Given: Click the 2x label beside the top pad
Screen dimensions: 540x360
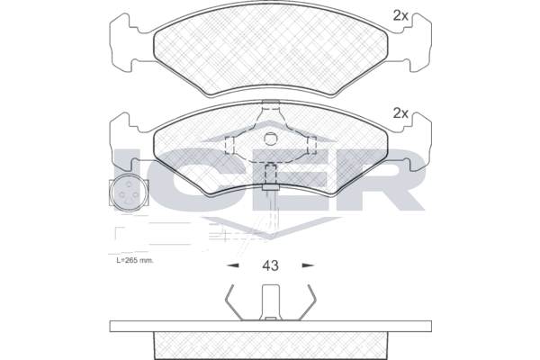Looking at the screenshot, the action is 400,15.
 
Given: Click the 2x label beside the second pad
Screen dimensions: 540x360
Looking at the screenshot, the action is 400,113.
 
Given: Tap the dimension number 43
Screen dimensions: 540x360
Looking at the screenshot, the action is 270,265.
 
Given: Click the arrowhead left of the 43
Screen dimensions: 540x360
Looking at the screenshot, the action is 233,265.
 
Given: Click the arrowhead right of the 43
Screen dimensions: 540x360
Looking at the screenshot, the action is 308,265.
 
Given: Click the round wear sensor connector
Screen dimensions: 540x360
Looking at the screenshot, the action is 129,194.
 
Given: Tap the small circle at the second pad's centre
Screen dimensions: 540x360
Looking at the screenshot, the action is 270,139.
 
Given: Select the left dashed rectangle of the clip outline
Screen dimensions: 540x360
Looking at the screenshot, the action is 229,145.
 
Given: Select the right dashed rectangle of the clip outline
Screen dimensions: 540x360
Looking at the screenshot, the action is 311,145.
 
